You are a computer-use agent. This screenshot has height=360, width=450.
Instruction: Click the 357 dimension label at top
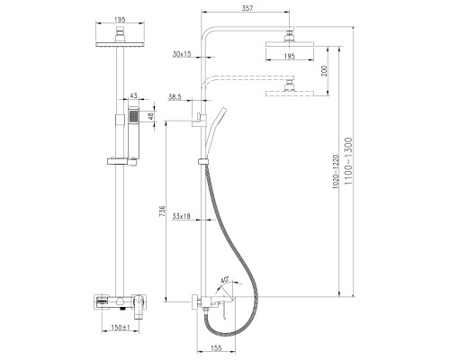coord(247,8)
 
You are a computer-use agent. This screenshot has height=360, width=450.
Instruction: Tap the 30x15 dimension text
coord(182,54)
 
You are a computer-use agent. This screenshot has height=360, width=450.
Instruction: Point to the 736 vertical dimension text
coord(162,211)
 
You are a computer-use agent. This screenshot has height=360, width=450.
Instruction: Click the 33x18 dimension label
coord(181,216)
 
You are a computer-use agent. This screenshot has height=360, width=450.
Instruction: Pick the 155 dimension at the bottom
coord(216,347)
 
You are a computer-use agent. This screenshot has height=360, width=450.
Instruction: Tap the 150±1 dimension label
coord(120,328)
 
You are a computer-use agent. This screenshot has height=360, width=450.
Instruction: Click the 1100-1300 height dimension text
coord(348,161)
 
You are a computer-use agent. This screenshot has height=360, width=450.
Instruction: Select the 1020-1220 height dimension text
coord(336,172)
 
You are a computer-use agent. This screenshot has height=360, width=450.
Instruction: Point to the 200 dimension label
coord(324,71)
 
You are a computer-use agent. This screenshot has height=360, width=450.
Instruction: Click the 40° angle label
coord(224,280)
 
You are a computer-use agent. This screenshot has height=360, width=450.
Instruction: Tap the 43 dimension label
coord(133,95)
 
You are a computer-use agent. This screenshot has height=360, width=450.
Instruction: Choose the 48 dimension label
coord(151,116)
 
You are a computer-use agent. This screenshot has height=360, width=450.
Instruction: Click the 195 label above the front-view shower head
coord(120,20)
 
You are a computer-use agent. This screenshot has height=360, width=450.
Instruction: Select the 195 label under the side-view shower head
coord(290,56)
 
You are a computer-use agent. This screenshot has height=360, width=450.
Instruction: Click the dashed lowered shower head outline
coord(290,94)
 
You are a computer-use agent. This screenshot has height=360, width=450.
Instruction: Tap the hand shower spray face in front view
coord(133,116)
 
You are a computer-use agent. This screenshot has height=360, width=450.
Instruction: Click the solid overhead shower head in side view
coord(290,44)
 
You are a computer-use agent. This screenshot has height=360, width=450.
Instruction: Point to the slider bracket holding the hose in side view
coord(202,161)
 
